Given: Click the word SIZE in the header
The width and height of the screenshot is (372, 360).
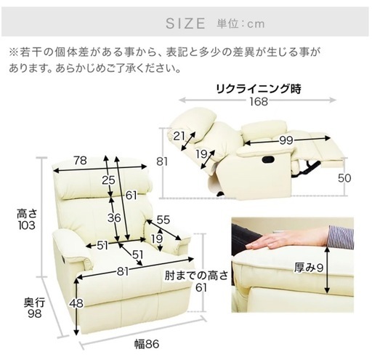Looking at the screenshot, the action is click(x=185, y=23).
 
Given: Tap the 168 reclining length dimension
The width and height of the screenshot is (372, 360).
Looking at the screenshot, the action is click(x=259, y=101).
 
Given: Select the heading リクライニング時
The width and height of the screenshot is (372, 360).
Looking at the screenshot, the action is click(x=259, y=89).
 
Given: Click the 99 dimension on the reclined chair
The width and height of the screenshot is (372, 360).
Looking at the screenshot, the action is click(x=286, y=140).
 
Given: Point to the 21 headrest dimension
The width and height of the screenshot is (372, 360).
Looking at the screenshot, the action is click(x=179, y=136).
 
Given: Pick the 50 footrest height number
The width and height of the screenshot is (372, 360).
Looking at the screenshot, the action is click(x=344, y=178).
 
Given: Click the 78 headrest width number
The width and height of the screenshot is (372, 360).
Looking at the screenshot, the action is click(x=81, y=161).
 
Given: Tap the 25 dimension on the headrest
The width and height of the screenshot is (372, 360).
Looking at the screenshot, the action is click(x=108, y=180).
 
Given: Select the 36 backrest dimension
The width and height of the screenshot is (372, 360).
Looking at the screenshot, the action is click(x=114, y=218).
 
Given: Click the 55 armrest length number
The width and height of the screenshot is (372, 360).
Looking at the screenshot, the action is click(x=163, y=220).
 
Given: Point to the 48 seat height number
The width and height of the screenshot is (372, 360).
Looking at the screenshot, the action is click(x=76, y=303).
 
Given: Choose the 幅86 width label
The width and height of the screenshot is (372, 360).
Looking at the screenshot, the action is click(x=147, y=344).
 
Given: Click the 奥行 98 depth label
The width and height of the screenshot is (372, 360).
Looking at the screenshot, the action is click(x=34, y=308).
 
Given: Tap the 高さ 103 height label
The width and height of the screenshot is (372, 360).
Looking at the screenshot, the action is click(x=27, y=220).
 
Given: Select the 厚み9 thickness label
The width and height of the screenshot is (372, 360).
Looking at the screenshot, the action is click(x=309, y=268).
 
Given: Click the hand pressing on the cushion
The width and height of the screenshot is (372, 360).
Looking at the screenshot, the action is click(x=286, y=239).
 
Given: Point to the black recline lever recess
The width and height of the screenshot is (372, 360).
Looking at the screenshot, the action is click(x=268, y=159).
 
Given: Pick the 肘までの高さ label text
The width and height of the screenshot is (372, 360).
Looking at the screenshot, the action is click(x=196, y=276).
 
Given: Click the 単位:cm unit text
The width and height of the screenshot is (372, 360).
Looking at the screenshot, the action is click(x=240, y=24).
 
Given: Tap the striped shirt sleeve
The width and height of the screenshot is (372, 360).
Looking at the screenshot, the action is click(x=341, y=236).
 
